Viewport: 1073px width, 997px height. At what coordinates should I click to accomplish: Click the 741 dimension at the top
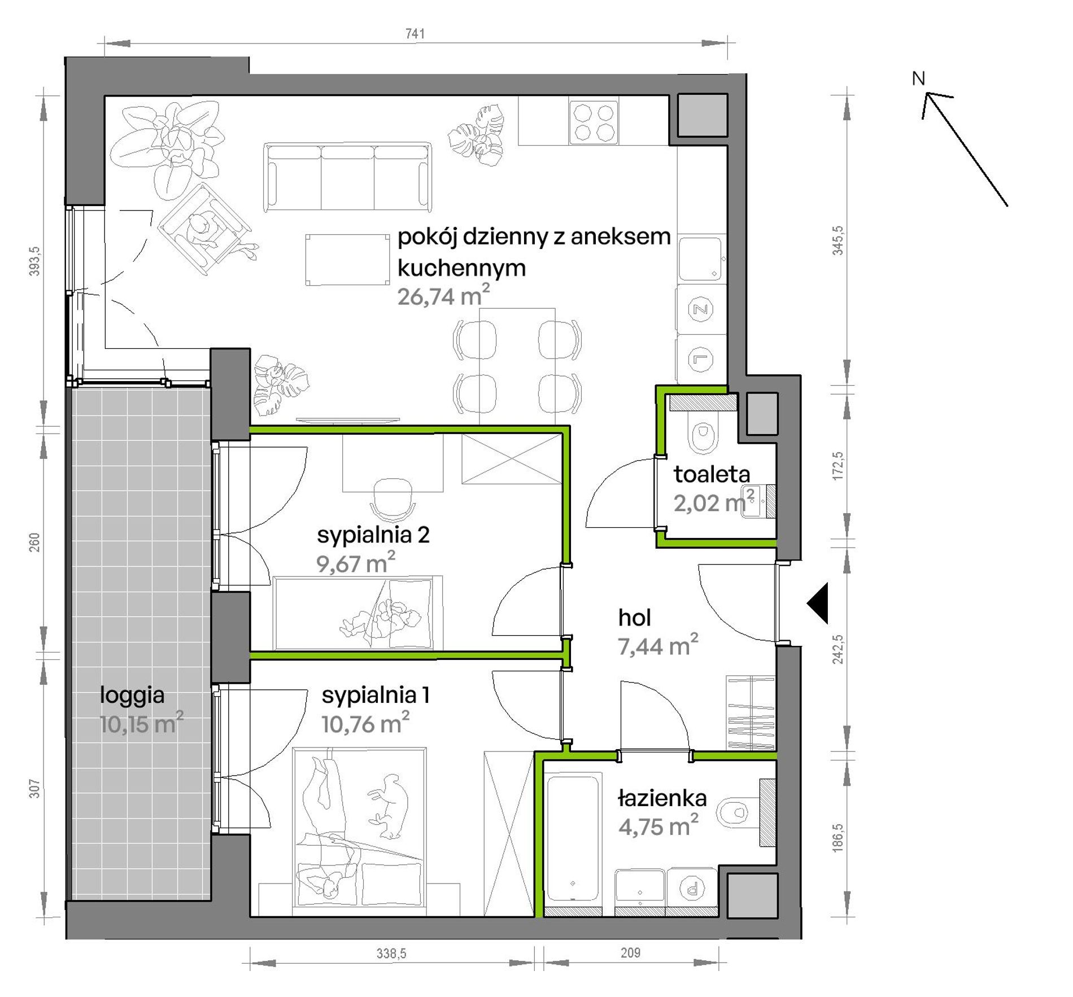[415, 34]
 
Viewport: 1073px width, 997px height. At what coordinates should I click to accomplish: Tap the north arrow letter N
[919, 78]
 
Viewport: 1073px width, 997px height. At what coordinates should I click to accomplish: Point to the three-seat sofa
[347, 177]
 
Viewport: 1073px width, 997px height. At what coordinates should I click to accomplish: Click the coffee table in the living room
[347, 260]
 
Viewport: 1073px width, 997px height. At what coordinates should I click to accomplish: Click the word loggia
[132, 696]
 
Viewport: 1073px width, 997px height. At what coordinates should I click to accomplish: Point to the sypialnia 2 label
[373, 535]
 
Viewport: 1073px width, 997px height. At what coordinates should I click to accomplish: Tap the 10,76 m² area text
[365, 723]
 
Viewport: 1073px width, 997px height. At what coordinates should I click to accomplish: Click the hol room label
[634, 618]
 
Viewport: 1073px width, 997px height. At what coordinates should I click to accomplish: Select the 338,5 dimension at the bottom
[391, 953]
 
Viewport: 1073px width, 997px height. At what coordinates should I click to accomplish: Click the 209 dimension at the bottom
[630, 952]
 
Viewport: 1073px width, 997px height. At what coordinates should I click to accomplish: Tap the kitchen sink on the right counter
[700, 259]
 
